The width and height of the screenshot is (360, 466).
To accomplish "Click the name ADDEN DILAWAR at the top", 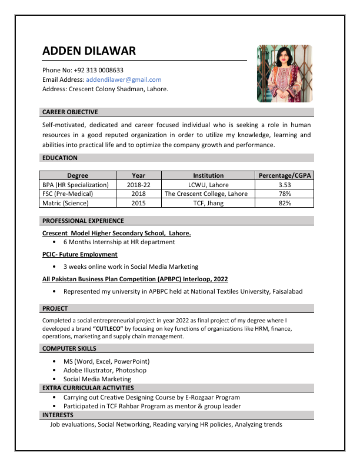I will (x=89, y=51).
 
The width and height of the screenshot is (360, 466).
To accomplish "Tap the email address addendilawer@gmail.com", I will (x=124, y=79).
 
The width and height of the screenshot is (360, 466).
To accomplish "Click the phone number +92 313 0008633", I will (x=98, y=70).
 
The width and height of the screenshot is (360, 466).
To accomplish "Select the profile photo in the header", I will (x=285, y=74).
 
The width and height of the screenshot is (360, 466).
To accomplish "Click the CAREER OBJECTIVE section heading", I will (x=70, y=112).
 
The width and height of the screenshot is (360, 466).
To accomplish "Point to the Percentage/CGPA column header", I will (x=285, y=175).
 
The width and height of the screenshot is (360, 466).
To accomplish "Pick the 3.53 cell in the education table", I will (x=285, y=185).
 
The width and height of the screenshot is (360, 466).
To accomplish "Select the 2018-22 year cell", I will (x=138, y=185).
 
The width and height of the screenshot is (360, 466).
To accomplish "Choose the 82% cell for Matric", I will (x=285, y=203).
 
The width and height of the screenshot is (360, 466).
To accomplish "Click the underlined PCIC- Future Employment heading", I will (x=80, y=254).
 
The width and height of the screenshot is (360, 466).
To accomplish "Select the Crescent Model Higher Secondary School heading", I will (x=116, y=233).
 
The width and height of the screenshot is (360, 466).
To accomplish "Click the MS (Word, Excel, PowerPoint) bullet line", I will (x=106, y=361).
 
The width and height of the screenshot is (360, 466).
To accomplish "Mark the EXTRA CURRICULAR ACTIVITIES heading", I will (x=88, y=388).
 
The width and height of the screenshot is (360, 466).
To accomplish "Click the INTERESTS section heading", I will (x=58, y=415).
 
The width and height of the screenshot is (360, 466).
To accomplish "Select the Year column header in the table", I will (x=138, y=175).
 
